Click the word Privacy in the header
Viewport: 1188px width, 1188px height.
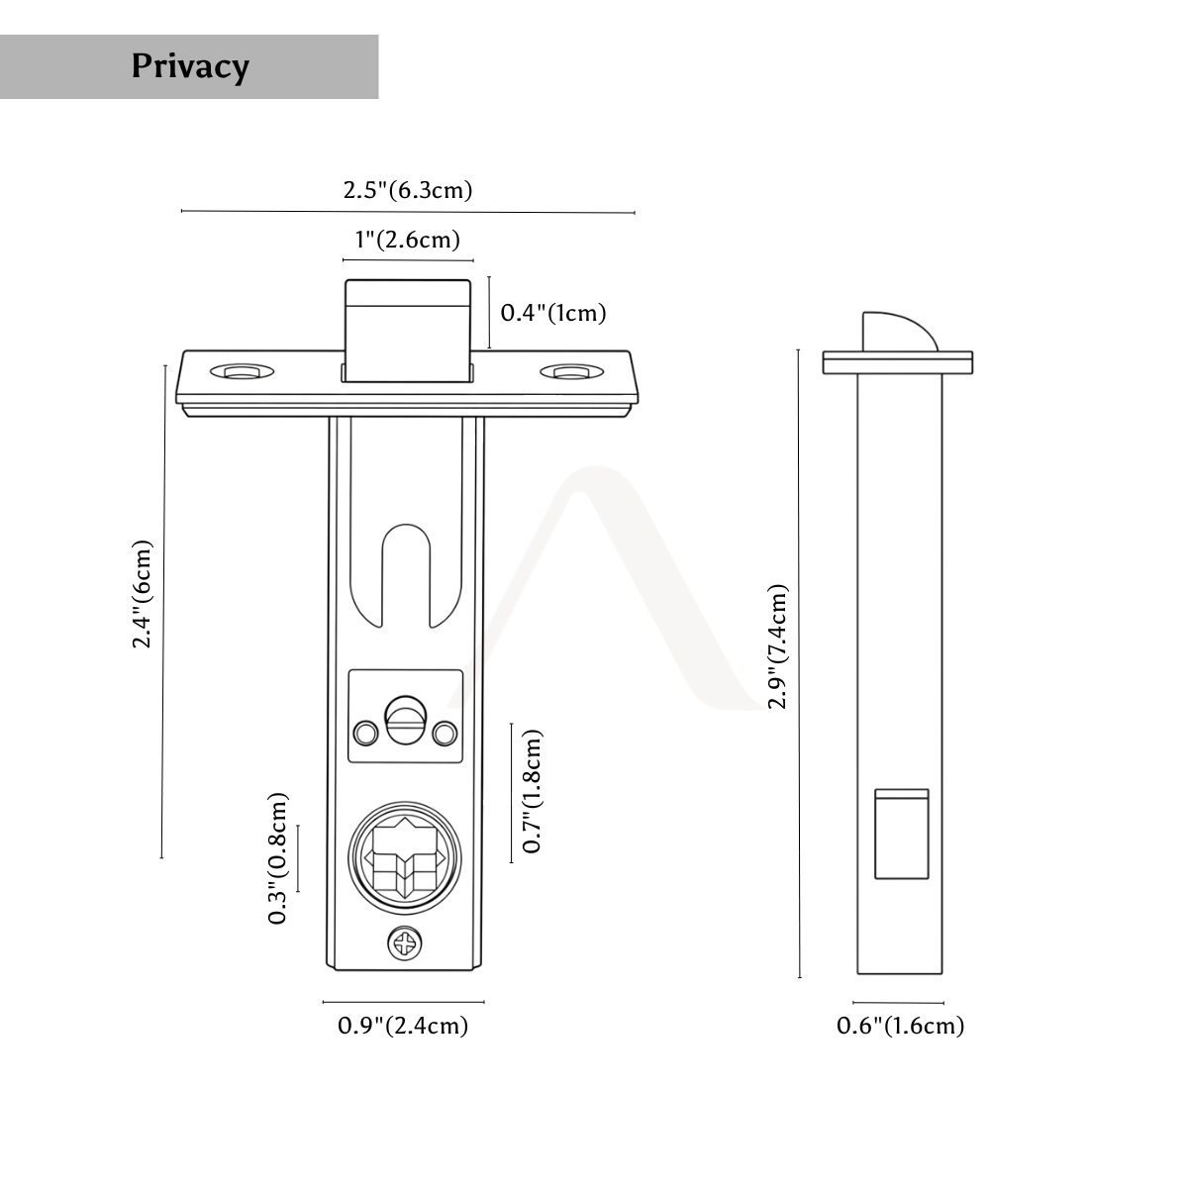[190, 66]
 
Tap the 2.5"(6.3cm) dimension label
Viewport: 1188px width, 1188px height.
[408, 190]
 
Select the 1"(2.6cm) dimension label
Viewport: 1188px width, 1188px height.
[408, 240]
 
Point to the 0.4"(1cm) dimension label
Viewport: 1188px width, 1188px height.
[553, 313]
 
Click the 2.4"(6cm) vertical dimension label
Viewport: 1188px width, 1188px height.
[142, 594]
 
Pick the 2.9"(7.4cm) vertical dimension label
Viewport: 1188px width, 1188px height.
[777, 646]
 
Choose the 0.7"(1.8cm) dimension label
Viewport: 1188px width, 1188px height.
[532, 792]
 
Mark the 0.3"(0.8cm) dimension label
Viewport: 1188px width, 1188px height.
[277, 858]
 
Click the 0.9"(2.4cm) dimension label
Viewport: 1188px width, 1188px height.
[403, 1026]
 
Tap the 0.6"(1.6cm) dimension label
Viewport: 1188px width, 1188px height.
[900, 1026]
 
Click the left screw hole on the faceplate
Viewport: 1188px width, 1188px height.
[242, 372]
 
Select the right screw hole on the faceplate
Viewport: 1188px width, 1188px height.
[571, 372]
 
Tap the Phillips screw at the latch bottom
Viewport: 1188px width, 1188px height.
[405, 943]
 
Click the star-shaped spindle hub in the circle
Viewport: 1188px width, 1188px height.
[405, 857]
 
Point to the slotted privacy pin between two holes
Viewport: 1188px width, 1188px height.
[405, 723]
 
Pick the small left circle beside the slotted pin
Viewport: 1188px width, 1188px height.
[365, 733]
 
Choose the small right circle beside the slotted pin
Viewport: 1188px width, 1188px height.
[445, 733]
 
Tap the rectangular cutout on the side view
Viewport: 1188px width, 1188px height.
[901, 835]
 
